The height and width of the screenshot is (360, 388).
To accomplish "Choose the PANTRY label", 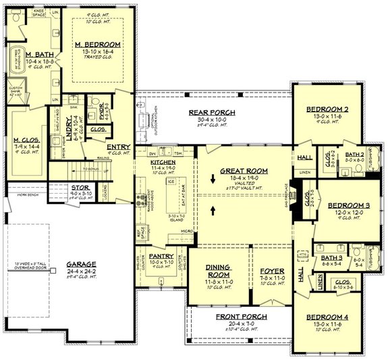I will (x=162, y=257).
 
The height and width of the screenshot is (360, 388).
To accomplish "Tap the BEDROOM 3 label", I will (x=348, y=205).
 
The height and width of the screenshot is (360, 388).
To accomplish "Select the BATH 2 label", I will (x=354, y=155).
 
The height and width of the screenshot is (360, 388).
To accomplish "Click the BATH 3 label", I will (x=331, y=258).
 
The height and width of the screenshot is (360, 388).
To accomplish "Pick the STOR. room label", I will (x=80, y=188).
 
